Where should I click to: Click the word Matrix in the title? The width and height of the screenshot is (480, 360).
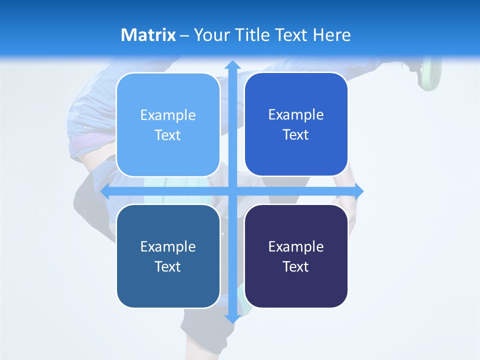tap(148, 35)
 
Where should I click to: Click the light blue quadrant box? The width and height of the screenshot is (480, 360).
tap(168, 125)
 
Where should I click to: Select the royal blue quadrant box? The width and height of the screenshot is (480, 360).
tap(296, 124)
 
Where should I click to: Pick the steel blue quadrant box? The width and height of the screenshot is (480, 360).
tap(168, 256)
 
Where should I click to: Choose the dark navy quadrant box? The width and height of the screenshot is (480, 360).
tap(296, 256)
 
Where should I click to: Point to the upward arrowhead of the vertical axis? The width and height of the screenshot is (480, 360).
tap(232, 65)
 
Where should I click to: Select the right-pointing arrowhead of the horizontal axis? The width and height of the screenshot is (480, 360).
tap(358, 191)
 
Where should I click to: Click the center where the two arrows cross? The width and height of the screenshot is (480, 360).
tap(232, 191)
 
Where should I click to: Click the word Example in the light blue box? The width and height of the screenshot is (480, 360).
tap(168, 115)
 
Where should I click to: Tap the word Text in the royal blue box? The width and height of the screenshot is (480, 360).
tap(296, 135)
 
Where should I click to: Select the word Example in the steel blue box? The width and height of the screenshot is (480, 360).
tap(168, 246)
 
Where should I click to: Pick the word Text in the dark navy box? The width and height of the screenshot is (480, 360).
tap(296, 266)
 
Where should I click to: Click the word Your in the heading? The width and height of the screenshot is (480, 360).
tap(208, 35)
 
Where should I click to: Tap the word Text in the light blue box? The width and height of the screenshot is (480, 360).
tap(168, 135)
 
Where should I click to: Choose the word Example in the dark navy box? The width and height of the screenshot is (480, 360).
tap(296, 246)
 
